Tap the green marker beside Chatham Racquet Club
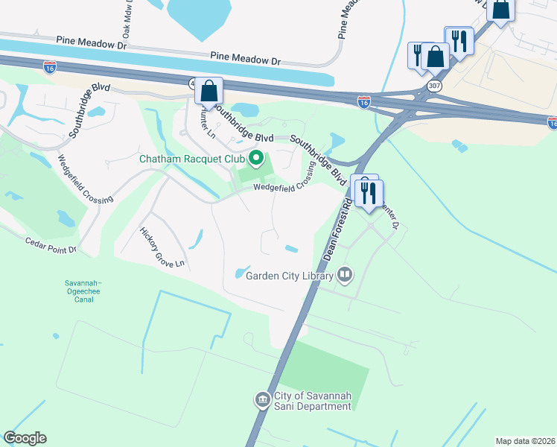click(257, 158)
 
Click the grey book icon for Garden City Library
click(345, 276)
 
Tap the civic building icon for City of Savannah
click(262, 401)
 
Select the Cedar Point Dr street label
click(51, 246)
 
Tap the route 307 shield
click(433, 86)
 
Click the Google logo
click(25, 438)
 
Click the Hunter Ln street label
click(206, 119)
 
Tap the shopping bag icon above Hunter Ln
click(210, 92)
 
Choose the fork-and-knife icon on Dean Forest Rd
click(369, 194)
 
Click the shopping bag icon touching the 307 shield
click(435, 57)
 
